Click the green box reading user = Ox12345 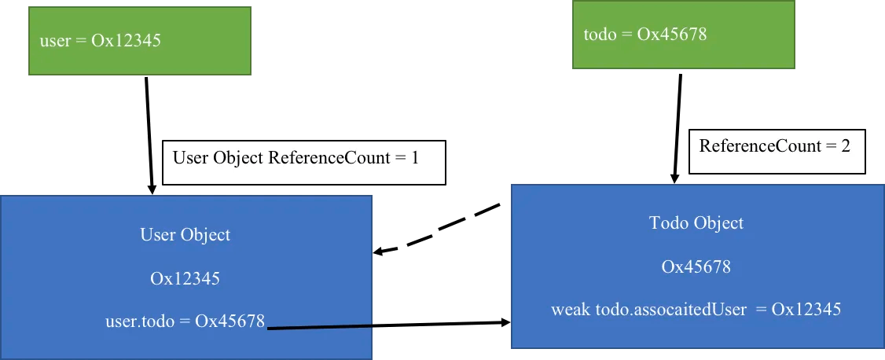tap(139, 41)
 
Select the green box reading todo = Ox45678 tap(684, 35)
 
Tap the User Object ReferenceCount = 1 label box tap(303, 163)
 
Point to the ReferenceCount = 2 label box tap(777, 151)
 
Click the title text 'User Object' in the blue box tap(185, 235)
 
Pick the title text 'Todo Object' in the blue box tap(696, 223)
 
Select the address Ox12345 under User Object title tap(185, 278)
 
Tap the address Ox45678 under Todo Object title tap(696, 266)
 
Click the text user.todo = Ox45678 tap(185, 321)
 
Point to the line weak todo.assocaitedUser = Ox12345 tap(696, 309)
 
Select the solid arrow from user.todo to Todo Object tap(388, 325)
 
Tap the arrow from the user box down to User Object tap(149, 135)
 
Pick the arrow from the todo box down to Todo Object tap(678, 129)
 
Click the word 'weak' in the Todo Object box tap(571, 309)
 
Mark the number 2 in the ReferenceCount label tap(845, 146)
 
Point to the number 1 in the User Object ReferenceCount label tap(415, 158)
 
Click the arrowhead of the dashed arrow tap(378, 252)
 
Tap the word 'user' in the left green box tap(55, 41)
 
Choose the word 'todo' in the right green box tap(600, 35)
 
